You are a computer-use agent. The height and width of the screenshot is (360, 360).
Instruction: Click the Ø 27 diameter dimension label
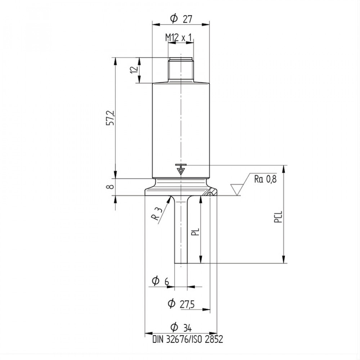click(181, 19)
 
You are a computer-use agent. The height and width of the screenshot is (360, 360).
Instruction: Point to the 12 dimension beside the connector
click(134, 69)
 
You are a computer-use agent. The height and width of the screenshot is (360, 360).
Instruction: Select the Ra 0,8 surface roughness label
click(265, 179)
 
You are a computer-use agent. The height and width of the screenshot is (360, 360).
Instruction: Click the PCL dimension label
click(278, 217)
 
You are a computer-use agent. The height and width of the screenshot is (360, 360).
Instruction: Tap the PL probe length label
click(195, 232)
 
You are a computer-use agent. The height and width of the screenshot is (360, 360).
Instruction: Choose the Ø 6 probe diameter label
click(160, 281)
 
